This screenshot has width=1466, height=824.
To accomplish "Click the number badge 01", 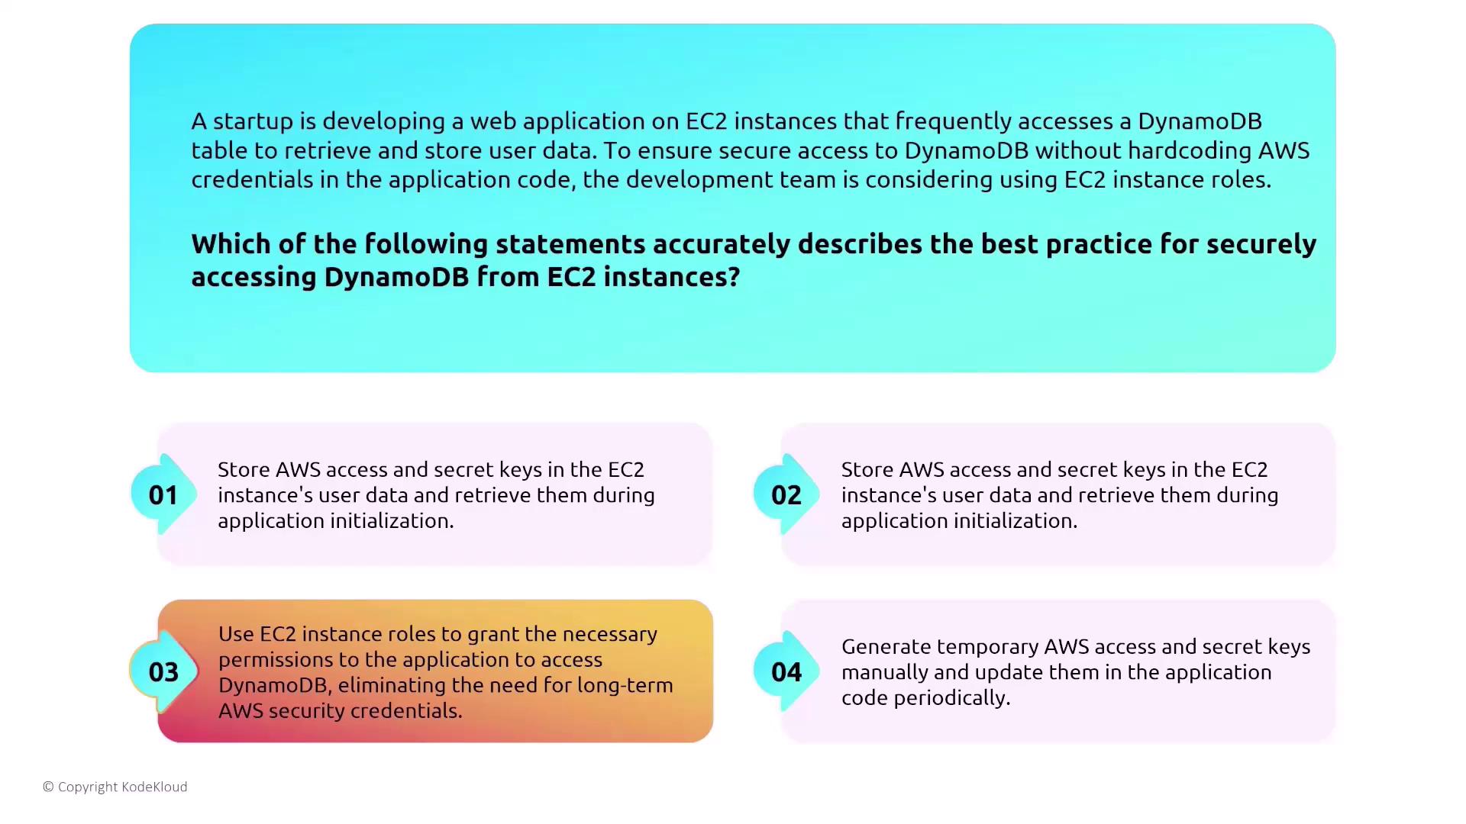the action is click(163, 494).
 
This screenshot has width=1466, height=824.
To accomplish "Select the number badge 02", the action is click(786, 494).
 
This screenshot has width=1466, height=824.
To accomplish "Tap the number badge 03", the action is click(163, 671).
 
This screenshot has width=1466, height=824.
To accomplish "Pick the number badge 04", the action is click(786, 671).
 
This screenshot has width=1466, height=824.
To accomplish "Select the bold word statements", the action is click(570, 244).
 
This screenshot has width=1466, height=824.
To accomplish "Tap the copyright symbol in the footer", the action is click(48, 787).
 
